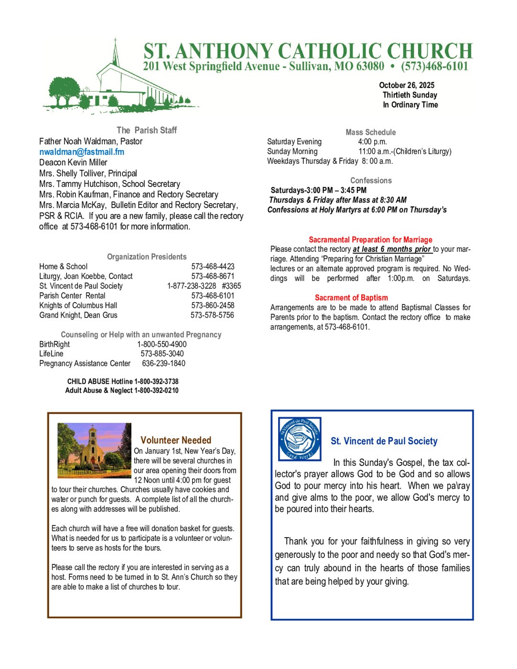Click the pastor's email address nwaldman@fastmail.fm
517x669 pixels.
pyautogui.click(x=82, y=152)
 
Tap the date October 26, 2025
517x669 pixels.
pyautogui.click(x=407, y=85)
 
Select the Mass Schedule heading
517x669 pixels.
pyautogui.click(x=370, y=132)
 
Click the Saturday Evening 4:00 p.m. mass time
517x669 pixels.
pyautogui.click(x=372, y=141)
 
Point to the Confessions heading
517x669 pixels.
pyautogui.click(x=371, y=180)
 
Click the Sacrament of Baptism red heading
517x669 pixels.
pyautogui.click(x=351, y=297)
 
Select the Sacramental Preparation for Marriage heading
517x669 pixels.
pyautogui.click(x=370, y=239)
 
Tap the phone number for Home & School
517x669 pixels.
pyautogui.click(x=213, y=266)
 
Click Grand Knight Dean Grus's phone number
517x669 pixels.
pyautogui.click(x=212, y=315)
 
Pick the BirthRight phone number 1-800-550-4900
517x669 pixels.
pyautogui.click(x=162, y=344)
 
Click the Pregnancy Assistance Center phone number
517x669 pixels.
pyautogui.click(x=163, y=363)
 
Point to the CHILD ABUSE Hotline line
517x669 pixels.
pyautogui.click(x=123, y=381)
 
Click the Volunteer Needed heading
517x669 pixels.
pyautogui.click(x=176, y=440)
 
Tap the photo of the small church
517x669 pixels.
pyautogui.click(x=94, y=451)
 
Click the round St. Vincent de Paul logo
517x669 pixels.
pyautogui.click(x=300, y=439)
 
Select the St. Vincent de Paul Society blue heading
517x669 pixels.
pyautogui.click(x=384, y=441)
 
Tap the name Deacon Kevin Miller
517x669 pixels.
pyautogui.click(x=73, y=162)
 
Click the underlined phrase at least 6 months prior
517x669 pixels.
pyautogui.click(x=392, y=249)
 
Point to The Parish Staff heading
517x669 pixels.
pyautogui.click(x=147, y=130)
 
